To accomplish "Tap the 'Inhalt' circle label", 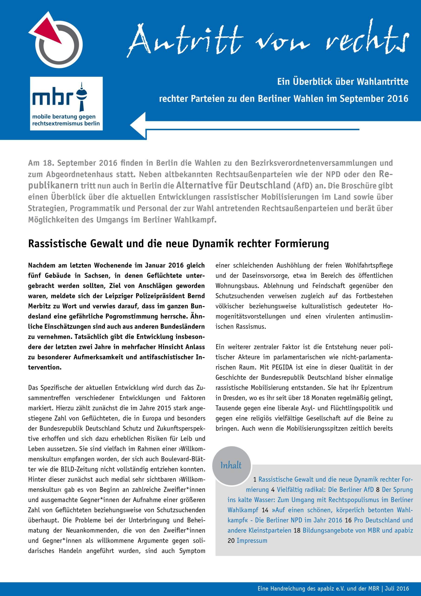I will click(231, 465).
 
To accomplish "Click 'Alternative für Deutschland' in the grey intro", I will click(233, 185).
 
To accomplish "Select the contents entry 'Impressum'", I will click(252, 541).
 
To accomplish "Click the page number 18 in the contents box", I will click(297, 530).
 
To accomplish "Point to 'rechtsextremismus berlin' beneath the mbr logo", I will click(66, 123).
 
